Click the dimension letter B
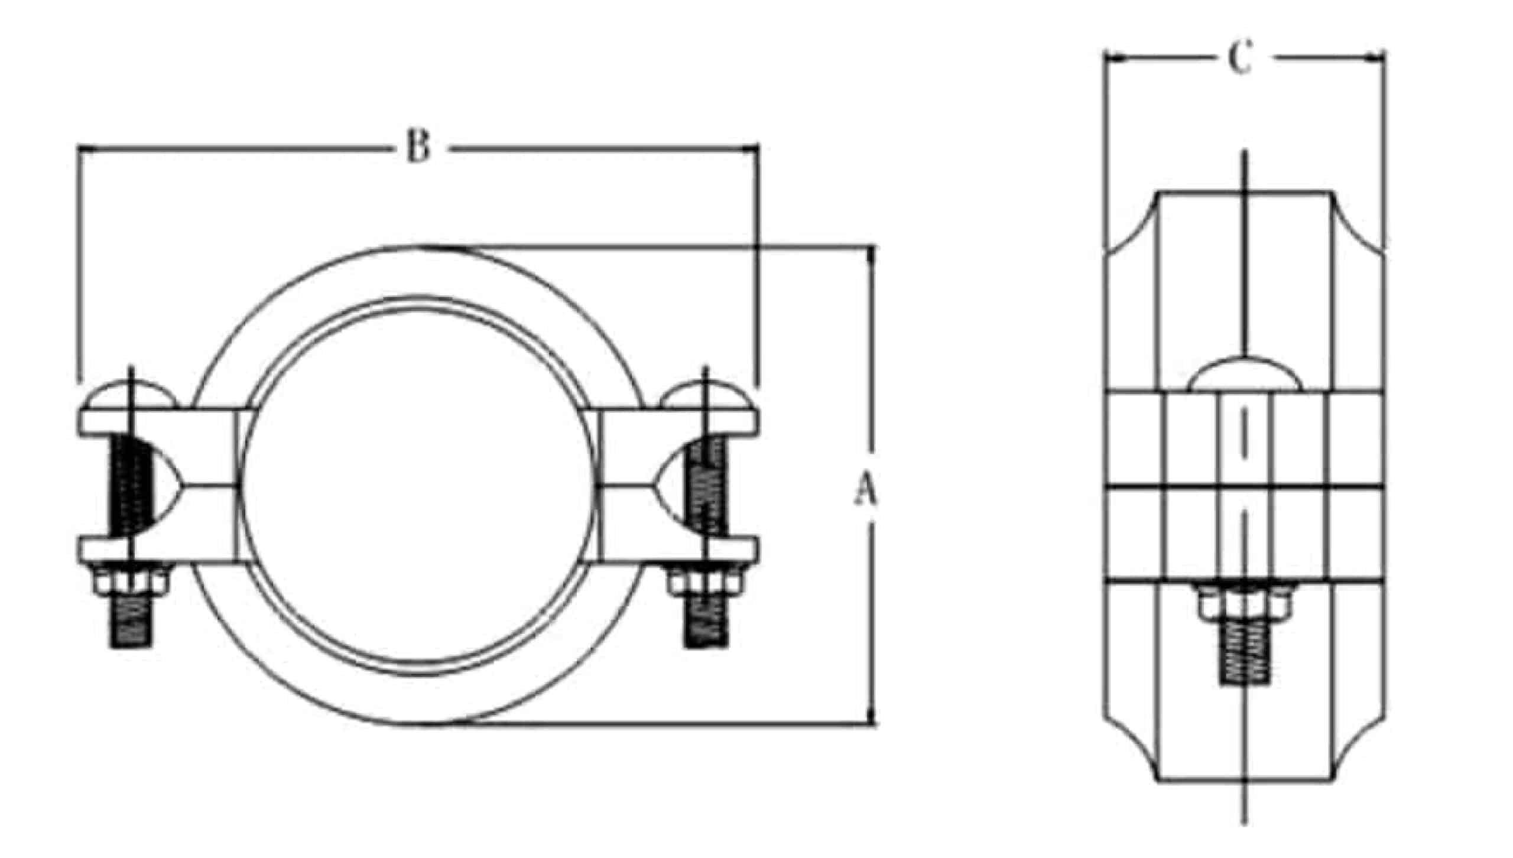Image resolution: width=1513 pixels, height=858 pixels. (x=418, y=146)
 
